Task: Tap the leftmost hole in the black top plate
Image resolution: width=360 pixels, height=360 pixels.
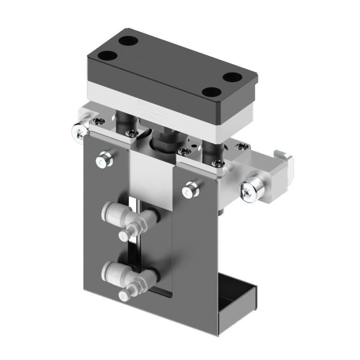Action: [108, 56]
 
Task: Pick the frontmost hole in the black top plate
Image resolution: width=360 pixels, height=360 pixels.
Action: [212, 92]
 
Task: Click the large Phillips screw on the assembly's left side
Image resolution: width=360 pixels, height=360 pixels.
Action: [79, 131]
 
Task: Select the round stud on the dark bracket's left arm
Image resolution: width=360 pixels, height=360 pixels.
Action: [103, 160]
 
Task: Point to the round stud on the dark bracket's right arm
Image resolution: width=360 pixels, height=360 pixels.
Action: [191, 188]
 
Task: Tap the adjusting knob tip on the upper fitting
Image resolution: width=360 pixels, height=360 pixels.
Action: [125, 235]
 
